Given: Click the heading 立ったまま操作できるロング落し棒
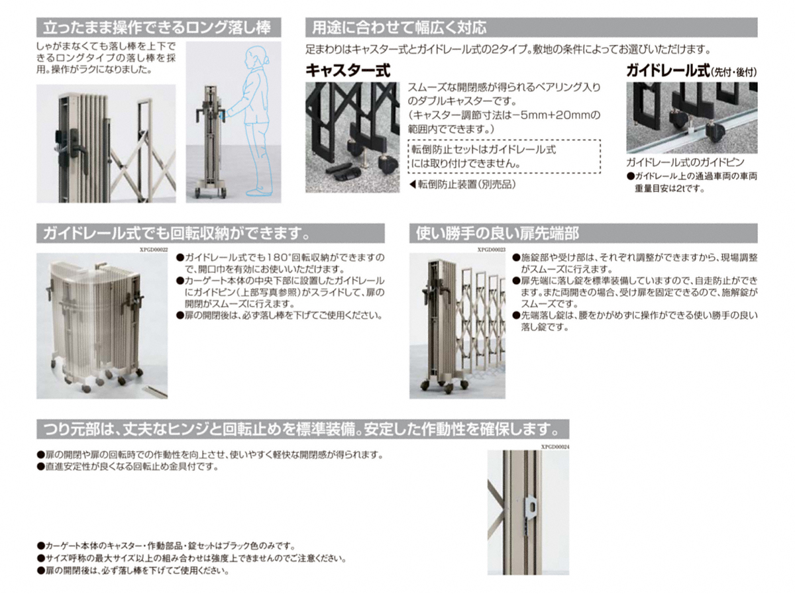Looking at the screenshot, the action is coord(157,28).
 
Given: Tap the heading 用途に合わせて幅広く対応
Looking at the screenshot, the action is coord(399,28).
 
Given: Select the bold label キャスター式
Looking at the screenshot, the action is coord(348,70).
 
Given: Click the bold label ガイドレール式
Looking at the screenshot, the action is coord(668,70).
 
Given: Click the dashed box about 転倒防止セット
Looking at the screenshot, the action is coord(504,156).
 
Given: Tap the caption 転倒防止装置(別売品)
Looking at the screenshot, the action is coord(462,185).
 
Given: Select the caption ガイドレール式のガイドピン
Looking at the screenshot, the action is coord(685,162).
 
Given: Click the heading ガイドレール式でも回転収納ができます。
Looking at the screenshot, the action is coord(177,233).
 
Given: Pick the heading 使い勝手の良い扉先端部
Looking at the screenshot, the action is coord(498,233).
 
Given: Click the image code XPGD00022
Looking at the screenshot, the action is coord(154,250).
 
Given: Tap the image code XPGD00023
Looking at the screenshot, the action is coord(491,250).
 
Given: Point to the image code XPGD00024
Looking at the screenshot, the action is coord(555,447).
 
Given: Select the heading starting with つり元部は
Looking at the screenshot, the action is coord(301,430).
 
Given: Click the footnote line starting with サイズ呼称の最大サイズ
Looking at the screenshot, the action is coord(191,558).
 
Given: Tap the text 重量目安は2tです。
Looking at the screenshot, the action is coord(670,188).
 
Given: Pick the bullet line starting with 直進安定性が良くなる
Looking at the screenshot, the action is coord(129,467).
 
